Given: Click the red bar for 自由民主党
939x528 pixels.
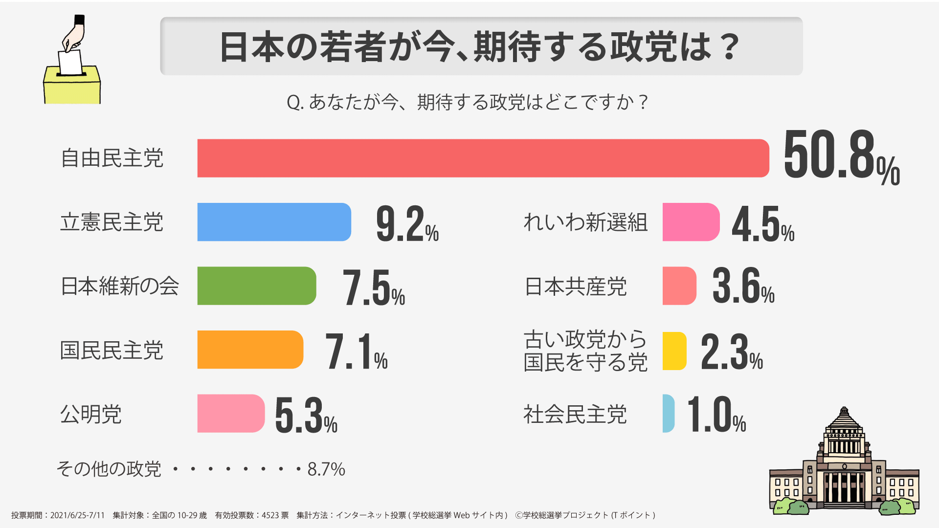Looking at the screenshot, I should (x=483, y=158).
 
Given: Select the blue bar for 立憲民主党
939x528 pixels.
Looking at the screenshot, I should (x=274, y=222).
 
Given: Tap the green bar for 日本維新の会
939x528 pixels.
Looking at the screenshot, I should (x=256, y=286).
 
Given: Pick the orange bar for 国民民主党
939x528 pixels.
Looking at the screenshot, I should (x=250, y=350).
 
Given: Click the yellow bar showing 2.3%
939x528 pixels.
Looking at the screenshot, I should (x=674, y=351).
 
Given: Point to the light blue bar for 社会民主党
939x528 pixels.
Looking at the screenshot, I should (x=668, y=414).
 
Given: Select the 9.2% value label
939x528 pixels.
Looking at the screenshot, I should (x=407, y=224).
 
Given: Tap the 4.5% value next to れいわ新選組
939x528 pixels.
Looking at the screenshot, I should (x=762, y=224).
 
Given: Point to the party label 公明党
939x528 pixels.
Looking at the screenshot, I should (x=91, y=414).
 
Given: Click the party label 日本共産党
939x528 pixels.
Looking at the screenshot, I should (x=575, y=286).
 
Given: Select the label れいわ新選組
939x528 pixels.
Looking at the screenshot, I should (x=585, y=222).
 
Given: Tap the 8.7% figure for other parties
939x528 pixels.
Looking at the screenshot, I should (x=326, y=469).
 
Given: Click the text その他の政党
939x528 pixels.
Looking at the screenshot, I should (x=109, y=469).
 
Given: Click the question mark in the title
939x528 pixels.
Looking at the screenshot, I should (x=730, y=47).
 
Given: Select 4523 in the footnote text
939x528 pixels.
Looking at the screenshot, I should (x=270, y=515).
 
